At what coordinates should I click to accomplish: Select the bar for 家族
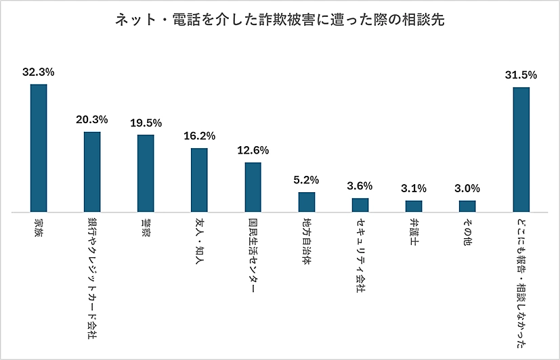(x=38, y=148)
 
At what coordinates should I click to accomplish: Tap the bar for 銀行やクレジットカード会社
(x=92, y=172)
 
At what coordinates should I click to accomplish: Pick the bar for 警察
(x=146, y=173)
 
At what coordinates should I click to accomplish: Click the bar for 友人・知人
(x=199, y=180)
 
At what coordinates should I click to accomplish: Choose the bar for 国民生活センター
(x=253, y=187)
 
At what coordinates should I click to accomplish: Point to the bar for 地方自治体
(x=307, y=202)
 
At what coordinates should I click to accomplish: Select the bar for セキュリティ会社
(x=360, y=205)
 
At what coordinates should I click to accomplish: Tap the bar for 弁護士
(x=414, y=206)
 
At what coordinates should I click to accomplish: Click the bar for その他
(x=467, y=206)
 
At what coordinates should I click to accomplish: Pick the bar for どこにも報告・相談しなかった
(x=521, y=150)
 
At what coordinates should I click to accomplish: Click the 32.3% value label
(x=38, y=70)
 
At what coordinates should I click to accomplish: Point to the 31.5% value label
(x=521, y=74)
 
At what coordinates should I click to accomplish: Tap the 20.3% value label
(x=92, y=119)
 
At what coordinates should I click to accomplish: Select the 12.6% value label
(x=253, y=150)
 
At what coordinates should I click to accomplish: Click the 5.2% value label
(x=307, y=180)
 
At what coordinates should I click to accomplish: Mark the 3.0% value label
(x=467, y=188)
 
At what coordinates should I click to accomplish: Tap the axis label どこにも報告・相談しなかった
(x=521, y=284)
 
